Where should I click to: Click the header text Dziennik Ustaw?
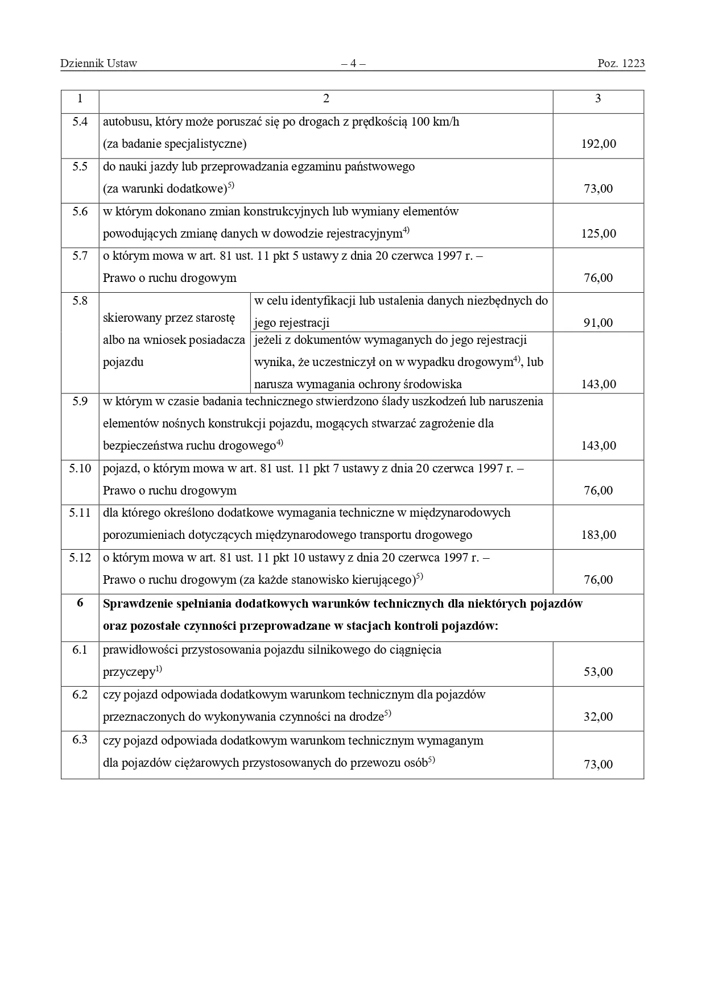coord(98,63)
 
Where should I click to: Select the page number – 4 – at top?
coord(353,63)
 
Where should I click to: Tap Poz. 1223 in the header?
coord(621,63)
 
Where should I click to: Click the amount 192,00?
coord(598,144)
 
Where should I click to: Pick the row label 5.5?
coord(80,167)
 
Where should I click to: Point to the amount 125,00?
coord(598,233)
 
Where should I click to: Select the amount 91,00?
coord(598,323)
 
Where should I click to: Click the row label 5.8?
coord(80,301)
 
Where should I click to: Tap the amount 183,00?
coord(598,535)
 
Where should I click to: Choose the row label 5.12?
coord(80,558)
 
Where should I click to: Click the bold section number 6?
coord(80,603)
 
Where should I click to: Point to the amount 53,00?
coord(598,672)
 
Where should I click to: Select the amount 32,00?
coord(598,717)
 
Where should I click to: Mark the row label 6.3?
coord(80,740)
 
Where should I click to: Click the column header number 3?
coord(598,98)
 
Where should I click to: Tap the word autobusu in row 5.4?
coord(124,122)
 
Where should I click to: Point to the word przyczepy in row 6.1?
coord(129,672)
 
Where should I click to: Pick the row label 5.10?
coord(80,468)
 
